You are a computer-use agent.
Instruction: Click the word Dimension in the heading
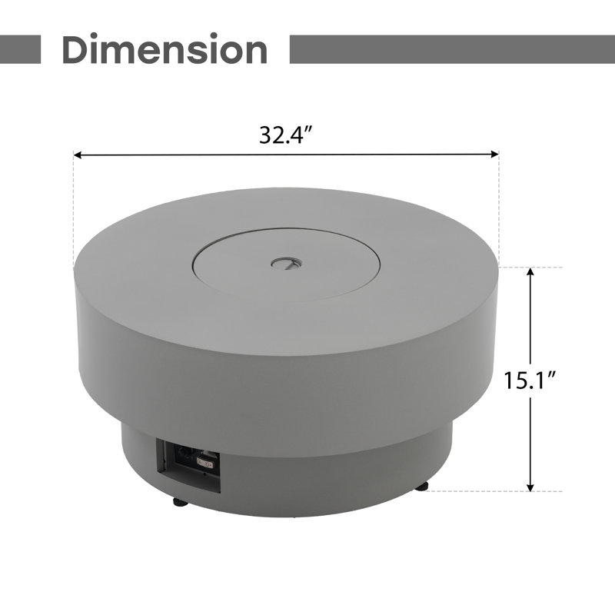165,49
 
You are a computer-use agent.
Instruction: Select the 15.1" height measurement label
530,380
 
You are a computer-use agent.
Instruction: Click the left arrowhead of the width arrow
78,155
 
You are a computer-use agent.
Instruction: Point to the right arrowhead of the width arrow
494,153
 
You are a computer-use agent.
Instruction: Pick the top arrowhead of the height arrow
530,272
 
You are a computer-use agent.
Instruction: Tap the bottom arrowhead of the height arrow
530,487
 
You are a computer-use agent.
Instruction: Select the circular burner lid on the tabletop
286,264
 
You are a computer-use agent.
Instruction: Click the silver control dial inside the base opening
205,464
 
